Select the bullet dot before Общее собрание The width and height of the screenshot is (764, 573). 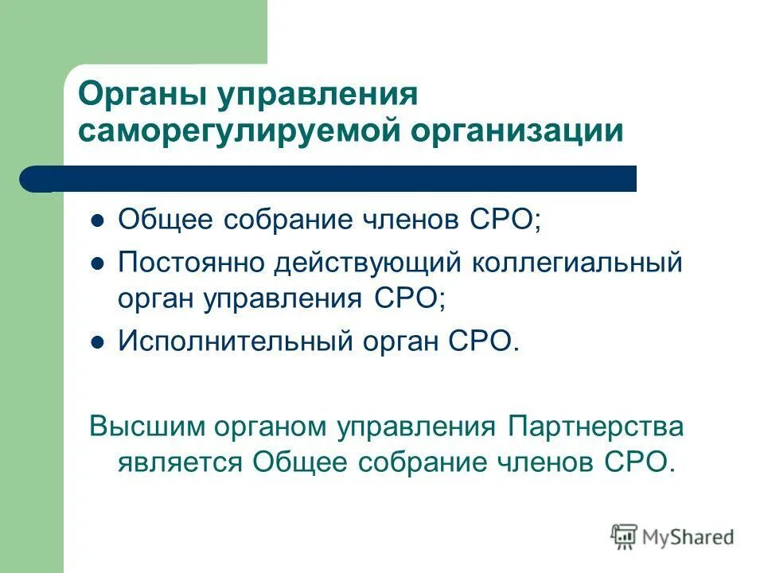click(98, 222)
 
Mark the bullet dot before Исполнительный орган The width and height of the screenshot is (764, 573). click(98, 343)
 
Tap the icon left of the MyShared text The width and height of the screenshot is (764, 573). click(624, 537)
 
